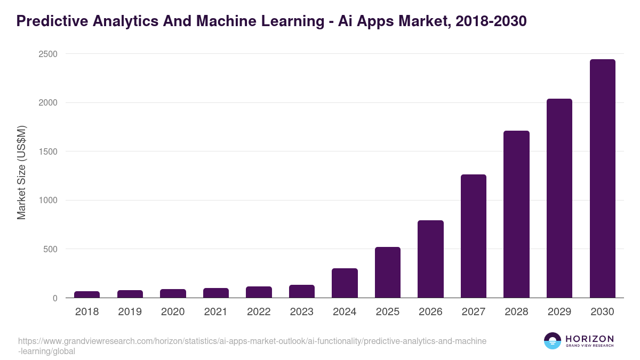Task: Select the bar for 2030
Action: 602,179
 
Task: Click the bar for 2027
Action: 474,236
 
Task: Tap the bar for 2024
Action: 345,283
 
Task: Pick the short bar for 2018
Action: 87,294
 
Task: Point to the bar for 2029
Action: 559,198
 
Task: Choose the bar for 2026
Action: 430,259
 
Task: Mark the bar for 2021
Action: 216,293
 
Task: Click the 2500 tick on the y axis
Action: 48,54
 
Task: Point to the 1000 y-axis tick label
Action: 48,200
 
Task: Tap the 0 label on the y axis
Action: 55,298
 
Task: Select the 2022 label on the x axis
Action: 259,312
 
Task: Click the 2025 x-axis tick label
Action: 388,312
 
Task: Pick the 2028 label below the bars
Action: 516,312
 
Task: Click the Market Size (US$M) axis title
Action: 22,172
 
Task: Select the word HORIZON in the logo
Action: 589,339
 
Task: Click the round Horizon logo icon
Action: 553,341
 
